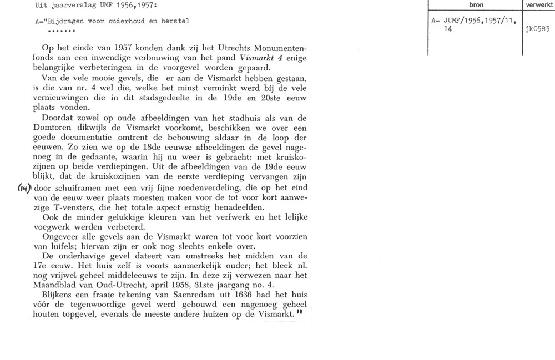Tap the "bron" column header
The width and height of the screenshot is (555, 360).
click(x=475, y=4)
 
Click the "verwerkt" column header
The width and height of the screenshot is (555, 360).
click(x=539, y=4)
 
